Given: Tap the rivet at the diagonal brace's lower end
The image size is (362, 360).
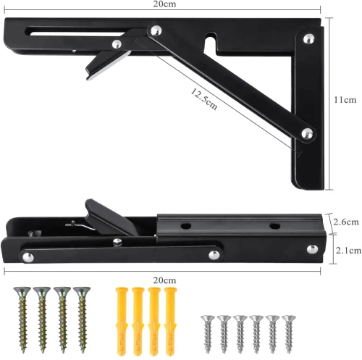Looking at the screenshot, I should pos(308,132).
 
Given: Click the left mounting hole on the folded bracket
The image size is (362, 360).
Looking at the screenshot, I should pos(187,227).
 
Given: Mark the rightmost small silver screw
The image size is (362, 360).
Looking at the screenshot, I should pos(290,330).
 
